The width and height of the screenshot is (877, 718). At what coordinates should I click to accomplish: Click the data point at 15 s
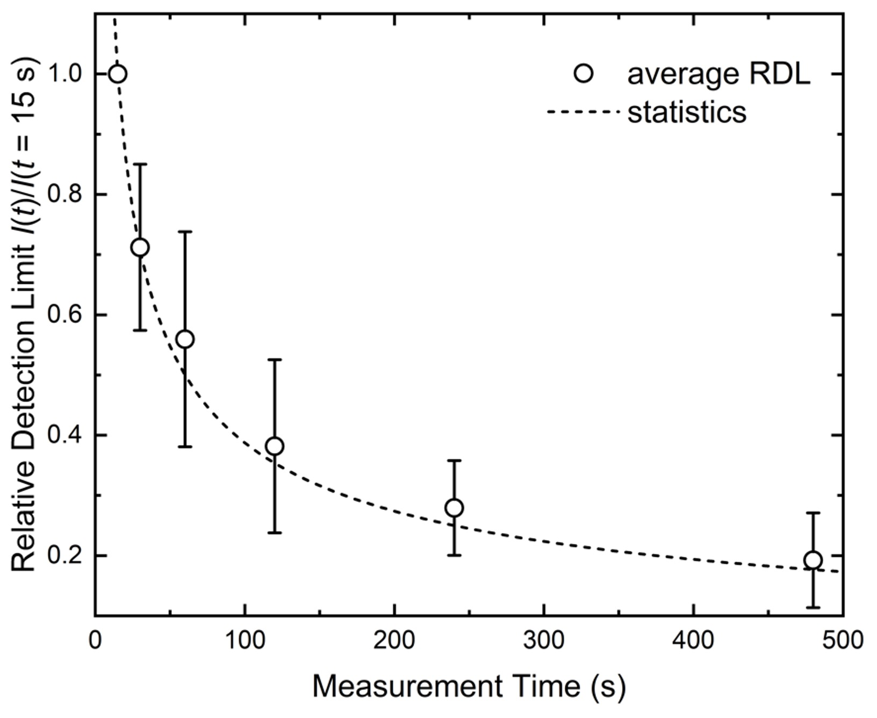(118, 74)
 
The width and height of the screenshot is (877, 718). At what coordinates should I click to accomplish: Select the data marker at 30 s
(140, 248)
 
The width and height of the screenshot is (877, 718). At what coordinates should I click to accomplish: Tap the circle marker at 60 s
(185, 339)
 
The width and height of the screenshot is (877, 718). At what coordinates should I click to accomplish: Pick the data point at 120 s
(275, 446)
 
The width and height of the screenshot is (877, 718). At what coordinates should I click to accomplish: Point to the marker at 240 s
(454, 507)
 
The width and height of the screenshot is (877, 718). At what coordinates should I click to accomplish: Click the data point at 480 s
(813, 560)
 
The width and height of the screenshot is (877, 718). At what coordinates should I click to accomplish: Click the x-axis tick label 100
(245, 641)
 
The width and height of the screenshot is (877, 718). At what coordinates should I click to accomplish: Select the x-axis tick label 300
(544, 641)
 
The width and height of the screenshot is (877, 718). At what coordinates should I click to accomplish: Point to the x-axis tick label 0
(95, 641)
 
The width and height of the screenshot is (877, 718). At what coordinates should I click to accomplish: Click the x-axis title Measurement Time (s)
(469, 686)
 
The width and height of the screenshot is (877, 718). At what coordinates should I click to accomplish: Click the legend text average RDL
(718, 74)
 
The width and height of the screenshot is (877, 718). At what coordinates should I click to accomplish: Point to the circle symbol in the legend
(584, 74)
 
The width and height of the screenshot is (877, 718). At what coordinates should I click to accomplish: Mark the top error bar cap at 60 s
(185, 232)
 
